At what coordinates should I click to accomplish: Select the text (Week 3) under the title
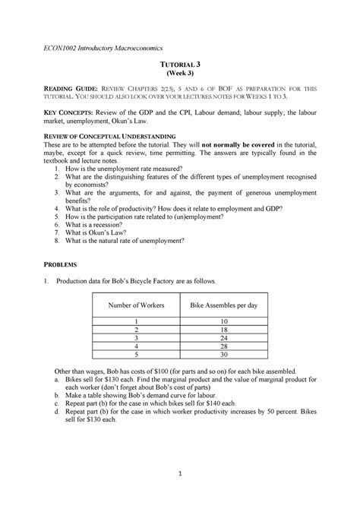coord(180,77)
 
